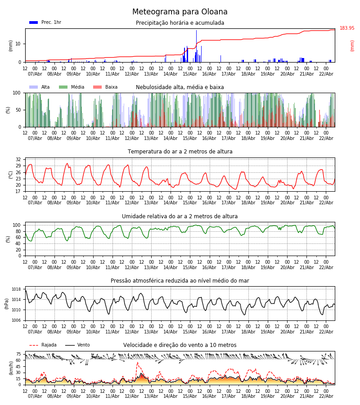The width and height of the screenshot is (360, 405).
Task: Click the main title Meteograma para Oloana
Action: [x=180, y=12]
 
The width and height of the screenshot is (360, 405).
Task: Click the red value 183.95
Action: [x=347, y=28]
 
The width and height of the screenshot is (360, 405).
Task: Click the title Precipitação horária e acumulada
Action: [x=180, y=23]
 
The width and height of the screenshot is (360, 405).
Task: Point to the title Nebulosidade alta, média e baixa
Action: [x=180, y=87]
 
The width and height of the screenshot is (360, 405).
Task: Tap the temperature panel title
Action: [x=180, y=152]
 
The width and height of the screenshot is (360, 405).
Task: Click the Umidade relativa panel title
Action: [x=180, y=216]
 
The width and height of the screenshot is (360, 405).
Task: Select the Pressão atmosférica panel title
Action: [x=180, y=281]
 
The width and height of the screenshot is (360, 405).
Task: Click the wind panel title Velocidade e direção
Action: [x=180, y=345]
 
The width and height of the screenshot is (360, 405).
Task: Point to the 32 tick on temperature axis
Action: [x=18, y=160]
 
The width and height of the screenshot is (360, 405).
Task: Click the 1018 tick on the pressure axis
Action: [x=17, y=289]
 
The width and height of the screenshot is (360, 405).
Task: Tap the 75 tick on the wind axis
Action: [x=18, y=354]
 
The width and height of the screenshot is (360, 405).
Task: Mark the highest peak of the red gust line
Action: [x=137, y=363]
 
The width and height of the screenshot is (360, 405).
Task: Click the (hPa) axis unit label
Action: [x=7, y=303]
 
